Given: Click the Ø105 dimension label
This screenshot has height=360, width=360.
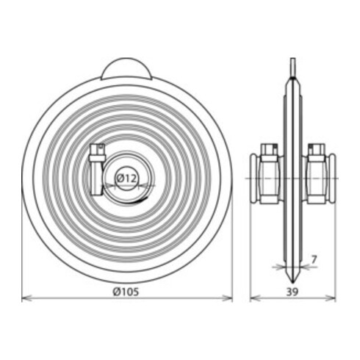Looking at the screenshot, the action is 126,292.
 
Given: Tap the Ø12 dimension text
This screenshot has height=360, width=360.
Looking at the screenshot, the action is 126,179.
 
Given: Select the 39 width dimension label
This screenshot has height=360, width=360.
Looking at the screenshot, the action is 292,292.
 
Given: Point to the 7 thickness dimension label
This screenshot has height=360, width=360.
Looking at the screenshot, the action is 314,259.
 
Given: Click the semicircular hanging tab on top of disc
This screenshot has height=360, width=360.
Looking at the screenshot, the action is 126,69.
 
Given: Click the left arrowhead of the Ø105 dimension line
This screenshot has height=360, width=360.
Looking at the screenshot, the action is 26,298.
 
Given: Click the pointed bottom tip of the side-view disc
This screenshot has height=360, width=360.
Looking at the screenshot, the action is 292,283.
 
